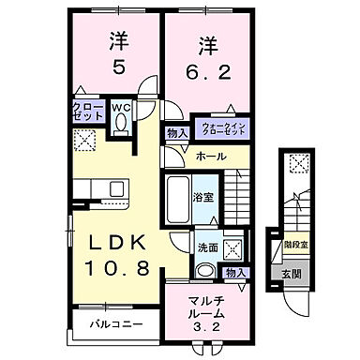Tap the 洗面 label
[206, 247]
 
